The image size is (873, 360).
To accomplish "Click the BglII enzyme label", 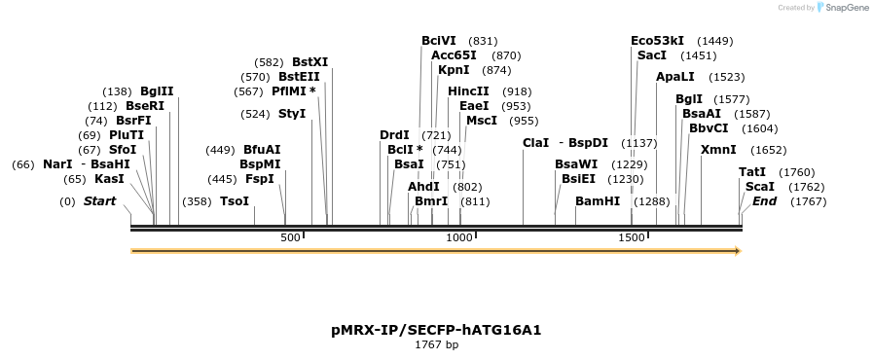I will pyautogui.click(x=157, y=90).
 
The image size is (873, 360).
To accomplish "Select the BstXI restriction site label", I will pyautogui.click(x=309, y=61).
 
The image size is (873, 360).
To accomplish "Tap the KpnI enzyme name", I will pyautogui.click(x=454, y=70).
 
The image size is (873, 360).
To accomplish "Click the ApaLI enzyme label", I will pyautogui.click(x=675, y=76).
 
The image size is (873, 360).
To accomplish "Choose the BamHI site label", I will pyautogui.click(x=598, y=201).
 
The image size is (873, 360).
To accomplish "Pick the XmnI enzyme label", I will pyautogui.click(x=718, y=149).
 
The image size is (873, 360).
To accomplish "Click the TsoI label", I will pyautogui.click(x=235, y=201).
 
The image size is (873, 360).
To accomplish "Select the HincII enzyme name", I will pyautogui.click(x=468, y=90).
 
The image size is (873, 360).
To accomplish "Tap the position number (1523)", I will pyautogui.click(x=726, y=76).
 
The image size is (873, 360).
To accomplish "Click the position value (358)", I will pyautogui.click(x=197, y=201).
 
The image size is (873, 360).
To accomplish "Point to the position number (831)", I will pyautogui.click(x=483, y=41).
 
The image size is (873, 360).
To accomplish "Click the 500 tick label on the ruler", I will pyautogui.click(x=290, y=238).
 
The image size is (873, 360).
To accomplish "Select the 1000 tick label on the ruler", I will pyautogui.click(x=458, y=238).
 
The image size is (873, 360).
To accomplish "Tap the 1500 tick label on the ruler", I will pyautogui.click(x=632, y=238).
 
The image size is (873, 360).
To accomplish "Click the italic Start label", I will pyautogui.click(x=99, y=201).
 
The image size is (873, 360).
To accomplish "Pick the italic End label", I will pyautogui.click(x=765, y=201).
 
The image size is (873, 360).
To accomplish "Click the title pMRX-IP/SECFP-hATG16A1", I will pyautogui.click(x=436, y=330).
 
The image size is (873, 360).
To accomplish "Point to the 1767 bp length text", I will pyautogui.click(x=436, y=345).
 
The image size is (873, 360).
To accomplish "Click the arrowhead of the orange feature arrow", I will pyautogui.click(x=738, y=251).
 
